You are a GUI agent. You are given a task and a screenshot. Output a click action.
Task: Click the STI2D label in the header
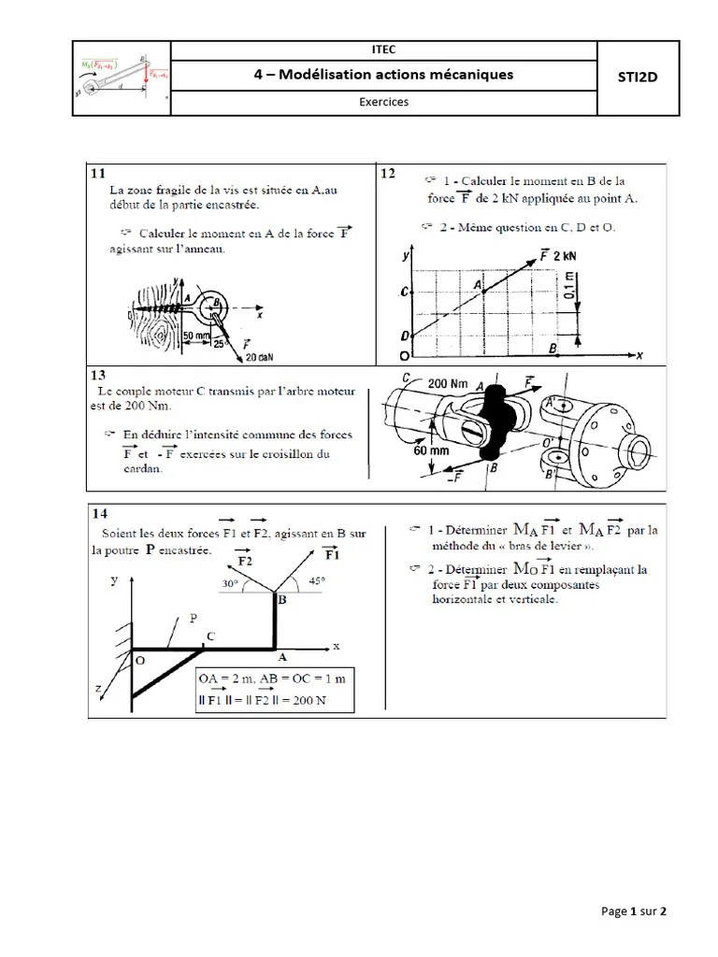[x=638, y=78]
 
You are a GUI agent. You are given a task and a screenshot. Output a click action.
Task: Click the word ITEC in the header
[x=384, y=50]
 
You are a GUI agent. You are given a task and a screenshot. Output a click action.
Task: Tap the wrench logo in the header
[x=122, y=79]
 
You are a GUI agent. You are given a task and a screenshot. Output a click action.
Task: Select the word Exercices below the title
[x=384, y=103]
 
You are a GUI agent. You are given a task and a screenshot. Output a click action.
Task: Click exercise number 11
[x=97, y=174]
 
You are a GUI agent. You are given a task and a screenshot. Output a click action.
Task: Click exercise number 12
[x=388, y=174]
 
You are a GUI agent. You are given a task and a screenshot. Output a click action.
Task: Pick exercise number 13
[x=99, y=373]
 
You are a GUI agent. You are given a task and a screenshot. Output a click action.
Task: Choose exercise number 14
[x=99, y=514]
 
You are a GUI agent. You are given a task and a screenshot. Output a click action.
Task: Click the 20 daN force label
[x=259, y=356]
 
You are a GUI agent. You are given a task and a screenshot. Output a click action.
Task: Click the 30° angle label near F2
[x=228, y=582]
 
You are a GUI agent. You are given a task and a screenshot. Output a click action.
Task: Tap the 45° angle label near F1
[x=319, y=579]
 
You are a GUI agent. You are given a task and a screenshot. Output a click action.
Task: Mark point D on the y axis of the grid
[x=404, y=336]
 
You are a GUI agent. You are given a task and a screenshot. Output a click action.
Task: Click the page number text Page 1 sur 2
[x=634, y=911]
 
